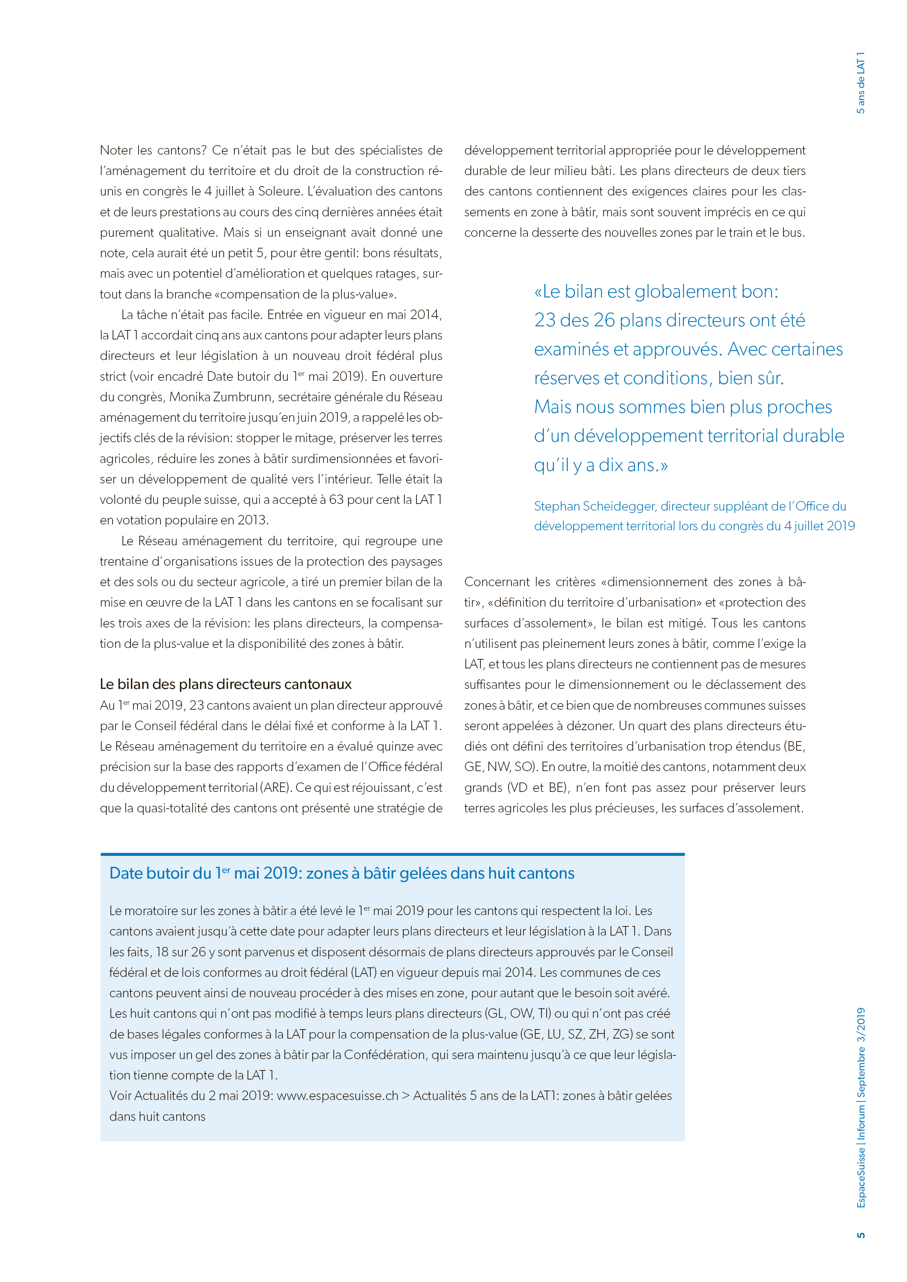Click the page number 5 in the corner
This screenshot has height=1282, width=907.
[x=861, y=1234]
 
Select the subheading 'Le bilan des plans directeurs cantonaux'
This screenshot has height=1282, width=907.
[x=226, y=684]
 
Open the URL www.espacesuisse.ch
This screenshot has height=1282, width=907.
[x=337, y=1096]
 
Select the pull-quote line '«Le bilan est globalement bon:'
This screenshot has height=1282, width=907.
[x=656, y=292]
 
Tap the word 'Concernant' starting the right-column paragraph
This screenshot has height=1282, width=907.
[x=496, y=582]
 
